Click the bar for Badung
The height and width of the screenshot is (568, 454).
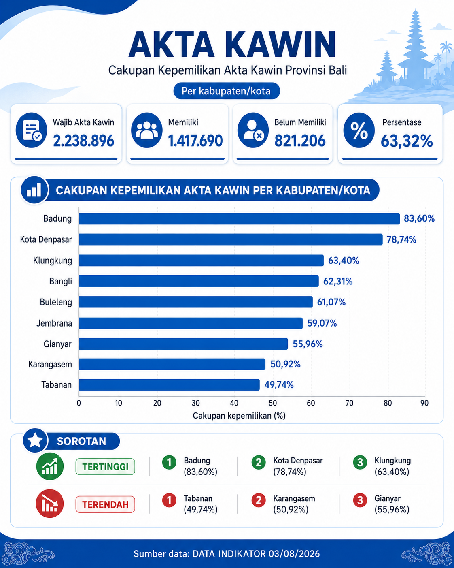(240, 219)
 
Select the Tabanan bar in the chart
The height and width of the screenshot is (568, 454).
(169, 385)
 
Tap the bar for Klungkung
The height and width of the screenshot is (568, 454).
(202, 261)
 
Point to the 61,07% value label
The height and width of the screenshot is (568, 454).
(331, 302)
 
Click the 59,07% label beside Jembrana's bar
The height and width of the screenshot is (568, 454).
(322, 323)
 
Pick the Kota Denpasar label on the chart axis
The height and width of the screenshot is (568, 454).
(46, 240)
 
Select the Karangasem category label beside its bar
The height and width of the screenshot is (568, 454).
(50, 365)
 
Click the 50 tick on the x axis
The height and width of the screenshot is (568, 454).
(273, 403)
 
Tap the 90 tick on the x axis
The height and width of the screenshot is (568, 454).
(424, 403)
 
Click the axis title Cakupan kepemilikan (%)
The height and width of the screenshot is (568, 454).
(239, 416)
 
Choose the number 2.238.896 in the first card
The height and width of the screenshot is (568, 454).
(84, 141)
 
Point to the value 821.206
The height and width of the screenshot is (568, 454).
(300, 141)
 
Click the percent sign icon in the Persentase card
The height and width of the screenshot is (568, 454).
(359, 130)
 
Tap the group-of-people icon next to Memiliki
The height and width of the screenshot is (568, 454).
(146, 130)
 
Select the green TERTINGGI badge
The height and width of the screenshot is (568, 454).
(105, 467)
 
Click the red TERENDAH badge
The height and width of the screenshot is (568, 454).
(105, 504)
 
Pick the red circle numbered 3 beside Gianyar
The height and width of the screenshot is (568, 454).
(360, 500)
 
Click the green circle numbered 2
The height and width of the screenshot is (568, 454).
(259, 462)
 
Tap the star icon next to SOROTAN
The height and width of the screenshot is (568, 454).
(35, 440)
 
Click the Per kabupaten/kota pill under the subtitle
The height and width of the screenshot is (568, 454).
(227, 91)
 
